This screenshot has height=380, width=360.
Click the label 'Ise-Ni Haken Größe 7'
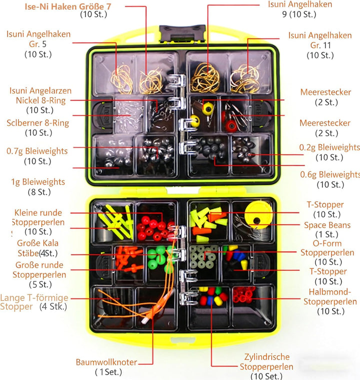pyautogui.click(x=68, y=7)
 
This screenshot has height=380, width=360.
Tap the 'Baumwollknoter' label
pyautogui.click(x=106, y=362)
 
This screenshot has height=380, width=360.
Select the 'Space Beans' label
pyautogui.click(x=327, y=225)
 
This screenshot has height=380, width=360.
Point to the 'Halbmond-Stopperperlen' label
pyautogui.click(x=330, y=296)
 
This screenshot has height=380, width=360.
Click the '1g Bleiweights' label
pyautogui.click(x=38, y=182)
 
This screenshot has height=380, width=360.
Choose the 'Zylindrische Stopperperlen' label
pyautogui.click(x=266, y=361)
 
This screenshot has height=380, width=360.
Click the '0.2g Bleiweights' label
pyautogui.click(x=329, y=147)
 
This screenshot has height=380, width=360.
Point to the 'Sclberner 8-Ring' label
pyautogui.click(x=38, y=123)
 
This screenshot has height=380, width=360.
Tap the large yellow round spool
pyautogui.click(x=258, y=215)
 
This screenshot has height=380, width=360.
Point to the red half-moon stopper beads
pyautogui.click(x=243, y=294)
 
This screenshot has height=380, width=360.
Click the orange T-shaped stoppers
pyautogui.click(x=128, y=259)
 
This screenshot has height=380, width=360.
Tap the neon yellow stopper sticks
pyautogui.click(x=116, y=221)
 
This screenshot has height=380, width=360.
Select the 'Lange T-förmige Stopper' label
pyautogui.click(x=34, y=302)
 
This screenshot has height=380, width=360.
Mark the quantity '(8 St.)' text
pyautogui.click(x=39, y=192)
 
